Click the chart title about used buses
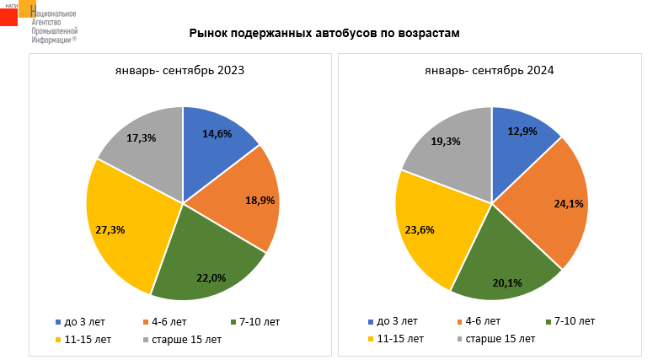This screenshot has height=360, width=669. tap(324, 34)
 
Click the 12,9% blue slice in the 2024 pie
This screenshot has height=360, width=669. tap(522, 135)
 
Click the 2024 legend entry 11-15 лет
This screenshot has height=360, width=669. tap(397, 339)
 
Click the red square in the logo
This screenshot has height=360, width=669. tap(8, 17)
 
